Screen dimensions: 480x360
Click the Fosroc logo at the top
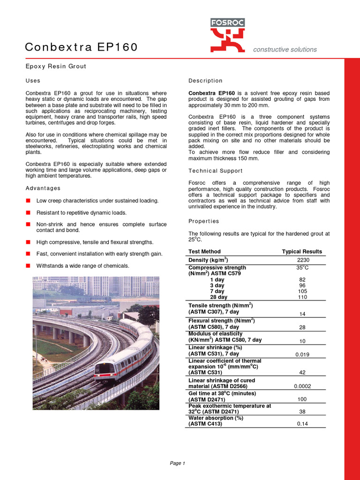coord(227,35)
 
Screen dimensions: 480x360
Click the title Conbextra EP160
coord(81,47)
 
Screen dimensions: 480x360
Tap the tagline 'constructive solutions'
coord(285,50)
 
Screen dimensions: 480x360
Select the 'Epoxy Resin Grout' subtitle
coord(55,66)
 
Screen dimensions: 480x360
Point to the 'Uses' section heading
coord(33,81)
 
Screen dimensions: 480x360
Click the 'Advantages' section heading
coord(43,188)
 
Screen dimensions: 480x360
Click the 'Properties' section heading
coord(203,221)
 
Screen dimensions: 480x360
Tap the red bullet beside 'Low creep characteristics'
coord(28,201)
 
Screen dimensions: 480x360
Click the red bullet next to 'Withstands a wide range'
coord(28,266)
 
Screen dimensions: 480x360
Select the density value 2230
coord(303,260)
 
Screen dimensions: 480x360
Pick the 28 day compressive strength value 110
coord(302,297)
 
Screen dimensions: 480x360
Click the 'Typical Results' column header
coord(302,252)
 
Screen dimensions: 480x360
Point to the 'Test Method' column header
coord(204,252)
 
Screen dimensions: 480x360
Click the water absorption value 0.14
coord(302,424)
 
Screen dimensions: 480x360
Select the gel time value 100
coord(302,399)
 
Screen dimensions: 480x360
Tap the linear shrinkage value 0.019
coord(302,355)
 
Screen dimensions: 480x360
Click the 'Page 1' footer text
coord(178,464)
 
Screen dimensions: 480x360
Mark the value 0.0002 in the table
coord(302,386)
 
